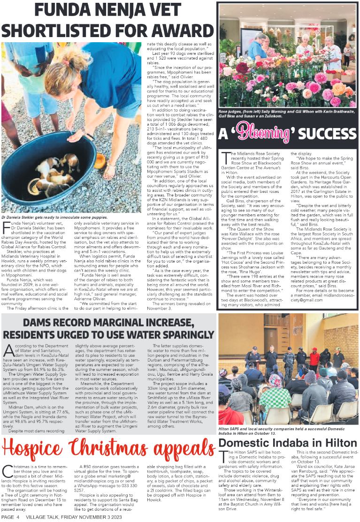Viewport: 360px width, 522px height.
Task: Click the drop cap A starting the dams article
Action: [x=8, y=350]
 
